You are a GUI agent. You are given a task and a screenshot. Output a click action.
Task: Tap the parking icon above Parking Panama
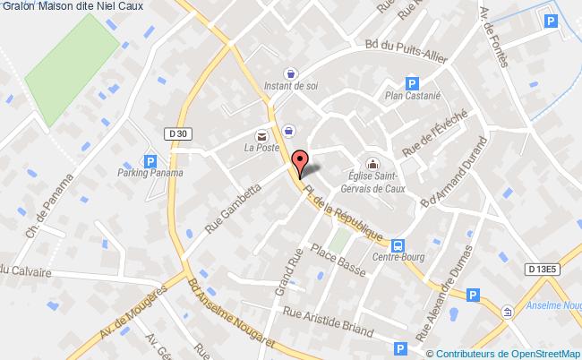point(150,161)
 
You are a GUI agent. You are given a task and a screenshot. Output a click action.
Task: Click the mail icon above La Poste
point(261,135)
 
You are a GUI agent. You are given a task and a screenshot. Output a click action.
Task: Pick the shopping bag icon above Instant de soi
point(289,74)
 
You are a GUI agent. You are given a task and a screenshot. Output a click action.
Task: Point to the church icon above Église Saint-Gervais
point(374,164)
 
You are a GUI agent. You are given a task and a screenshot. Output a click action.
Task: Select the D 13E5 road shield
point(541,268)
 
